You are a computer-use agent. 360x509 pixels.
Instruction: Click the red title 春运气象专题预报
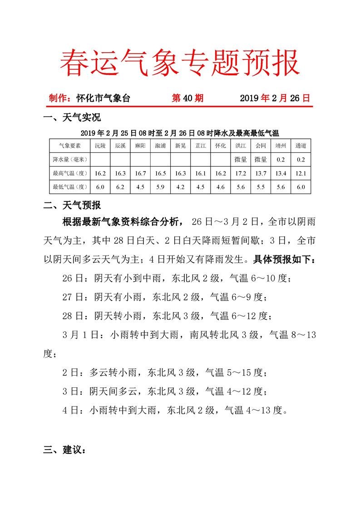(180, 62)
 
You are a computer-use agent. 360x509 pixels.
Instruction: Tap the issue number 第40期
(187, 98)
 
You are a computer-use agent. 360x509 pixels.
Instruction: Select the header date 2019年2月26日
(275, 98)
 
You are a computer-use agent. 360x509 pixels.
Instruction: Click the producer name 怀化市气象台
(103, 98)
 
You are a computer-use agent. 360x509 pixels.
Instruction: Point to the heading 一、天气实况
(72, 118)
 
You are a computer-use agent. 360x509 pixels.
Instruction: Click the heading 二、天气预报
(72, 206)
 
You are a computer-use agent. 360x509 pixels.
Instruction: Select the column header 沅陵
(100, 146)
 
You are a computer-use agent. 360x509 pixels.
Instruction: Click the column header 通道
(301, 146)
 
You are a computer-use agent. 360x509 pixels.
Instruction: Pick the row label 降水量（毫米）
(70, 159)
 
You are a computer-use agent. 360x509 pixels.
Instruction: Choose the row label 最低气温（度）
(70, 186)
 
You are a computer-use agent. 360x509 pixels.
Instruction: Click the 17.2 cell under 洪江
(241, 173)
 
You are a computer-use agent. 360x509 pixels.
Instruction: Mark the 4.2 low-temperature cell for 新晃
(181, 186)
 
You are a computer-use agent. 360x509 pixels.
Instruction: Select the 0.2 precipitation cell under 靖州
(281, 159)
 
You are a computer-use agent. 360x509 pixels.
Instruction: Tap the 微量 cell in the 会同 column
(261, 159)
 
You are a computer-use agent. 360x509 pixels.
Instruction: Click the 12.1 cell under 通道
(301, 173)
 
